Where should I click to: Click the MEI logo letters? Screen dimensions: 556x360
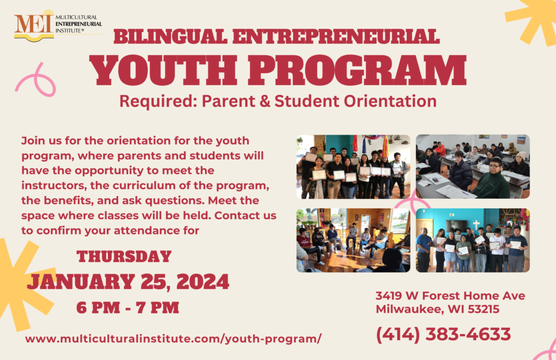34,24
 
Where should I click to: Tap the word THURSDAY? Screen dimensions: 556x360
124,256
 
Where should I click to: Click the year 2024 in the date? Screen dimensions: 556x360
203,282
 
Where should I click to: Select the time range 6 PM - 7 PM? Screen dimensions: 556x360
128,307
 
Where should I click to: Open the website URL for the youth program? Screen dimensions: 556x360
173,339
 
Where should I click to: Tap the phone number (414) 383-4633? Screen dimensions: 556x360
443,334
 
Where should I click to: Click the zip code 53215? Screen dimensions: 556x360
484,310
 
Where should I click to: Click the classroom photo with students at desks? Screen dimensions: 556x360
473,166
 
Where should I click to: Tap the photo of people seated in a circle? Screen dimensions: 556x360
353,240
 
